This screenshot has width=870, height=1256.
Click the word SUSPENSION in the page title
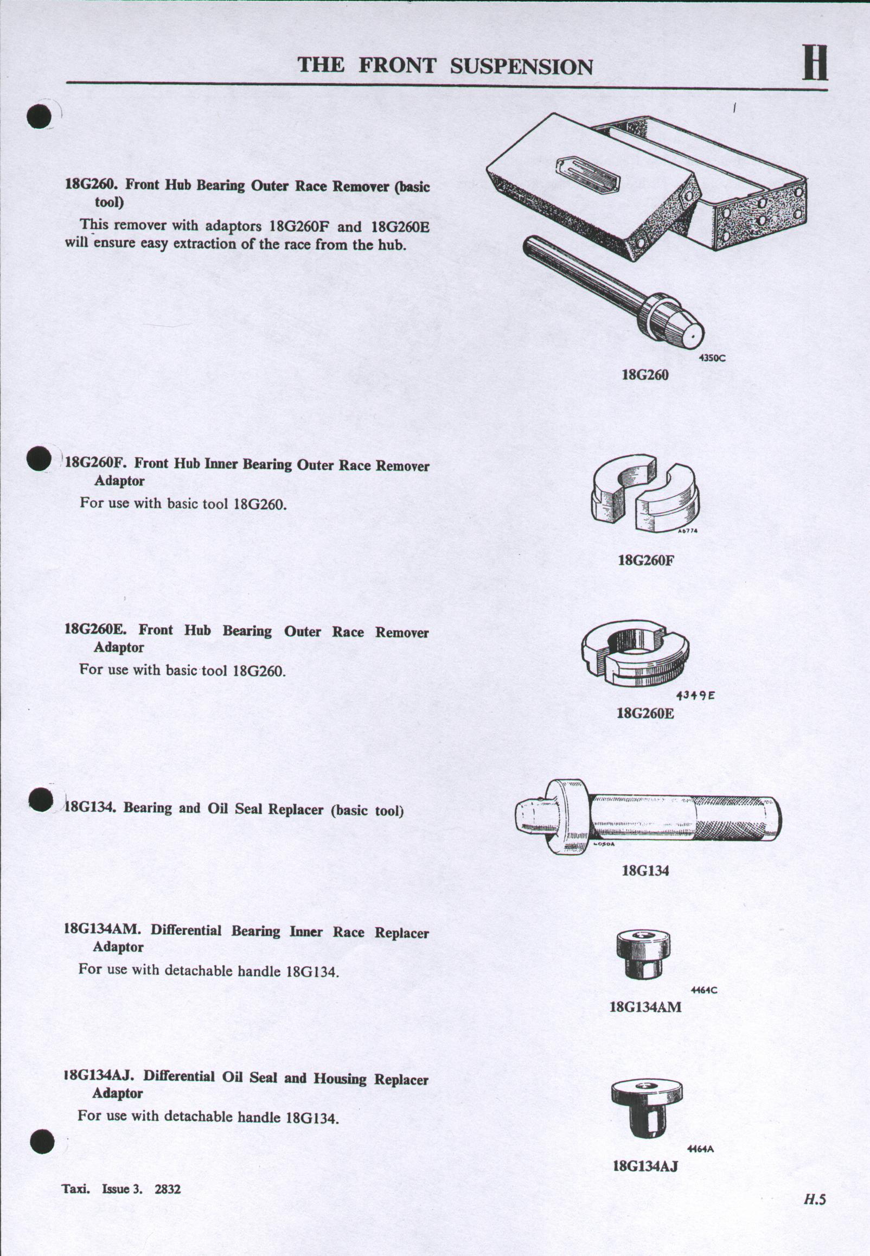pyautogui.click(x=521, y=67)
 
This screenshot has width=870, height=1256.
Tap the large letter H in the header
pyautogui.click(x=815, y=63)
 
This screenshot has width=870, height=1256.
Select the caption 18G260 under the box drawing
pyautogui.click(x=645, y=374)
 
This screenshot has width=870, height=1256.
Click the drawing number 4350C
pyautogui.click(x=712, y=358)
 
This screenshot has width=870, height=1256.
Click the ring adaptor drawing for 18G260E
pyautogui.click(x=636, y=653)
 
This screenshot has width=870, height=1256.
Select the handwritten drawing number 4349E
pyautogui.click(x=695, y=696)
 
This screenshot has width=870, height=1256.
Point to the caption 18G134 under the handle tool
pyautogui.click(x=645, y=870)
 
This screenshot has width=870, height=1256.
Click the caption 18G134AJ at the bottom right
pyautogui.click(x=645, y=1166)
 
